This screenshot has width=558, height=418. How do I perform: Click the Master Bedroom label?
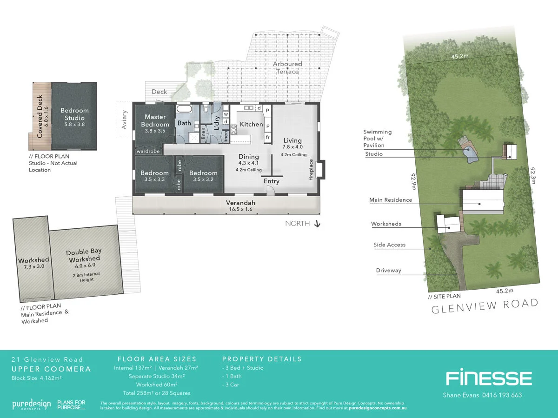click(155, 121)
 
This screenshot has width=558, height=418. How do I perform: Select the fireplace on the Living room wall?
click(320, 170)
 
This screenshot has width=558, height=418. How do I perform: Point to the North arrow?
click(318, 224)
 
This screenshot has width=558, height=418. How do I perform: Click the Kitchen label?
click(251, 124)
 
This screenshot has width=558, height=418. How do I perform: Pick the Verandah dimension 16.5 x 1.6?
click(240, 210)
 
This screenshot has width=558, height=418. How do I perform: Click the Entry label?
click(272, 181)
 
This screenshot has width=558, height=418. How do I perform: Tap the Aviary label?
click(124, 119)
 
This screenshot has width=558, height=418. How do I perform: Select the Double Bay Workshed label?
click(84, 255)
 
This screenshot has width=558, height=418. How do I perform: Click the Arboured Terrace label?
click(287, 67)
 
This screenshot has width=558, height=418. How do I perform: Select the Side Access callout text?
click(389, 245)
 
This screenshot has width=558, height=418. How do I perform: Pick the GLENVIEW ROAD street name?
click(485, 306)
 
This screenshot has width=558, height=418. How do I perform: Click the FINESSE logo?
click(488, 378)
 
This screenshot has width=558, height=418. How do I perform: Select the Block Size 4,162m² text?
click(37, 378)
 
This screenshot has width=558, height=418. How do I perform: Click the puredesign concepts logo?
click(31, 404)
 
